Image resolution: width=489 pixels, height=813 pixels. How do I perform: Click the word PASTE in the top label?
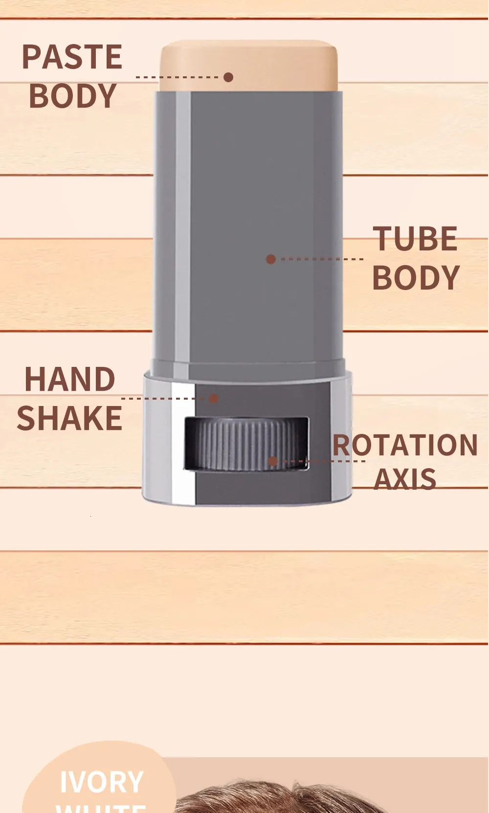pos(72,57)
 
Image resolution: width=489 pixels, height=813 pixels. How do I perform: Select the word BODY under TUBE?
pos(416,277)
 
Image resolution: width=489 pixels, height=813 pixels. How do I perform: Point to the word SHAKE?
pos(69,418)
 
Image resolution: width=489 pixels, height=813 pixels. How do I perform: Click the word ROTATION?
pos(405,445)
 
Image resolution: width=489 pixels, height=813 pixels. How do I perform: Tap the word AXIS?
pos(405,479)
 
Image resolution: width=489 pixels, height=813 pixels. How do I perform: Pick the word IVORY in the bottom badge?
pos(101,782)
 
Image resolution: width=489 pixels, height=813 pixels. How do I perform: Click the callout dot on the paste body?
pos(228,77)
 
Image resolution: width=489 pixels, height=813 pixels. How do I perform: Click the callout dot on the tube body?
pos(271,259)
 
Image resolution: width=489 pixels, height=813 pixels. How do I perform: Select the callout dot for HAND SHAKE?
pos(214,399)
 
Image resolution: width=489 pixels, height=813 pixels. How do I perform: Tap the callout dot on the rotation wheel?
pos(273,461)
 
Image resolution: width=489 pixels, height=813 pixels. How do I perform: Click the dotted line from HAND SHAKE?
pos(164,399)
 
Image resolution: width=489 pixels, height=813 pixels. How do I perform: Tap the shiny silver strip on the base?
pos(183,440)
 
